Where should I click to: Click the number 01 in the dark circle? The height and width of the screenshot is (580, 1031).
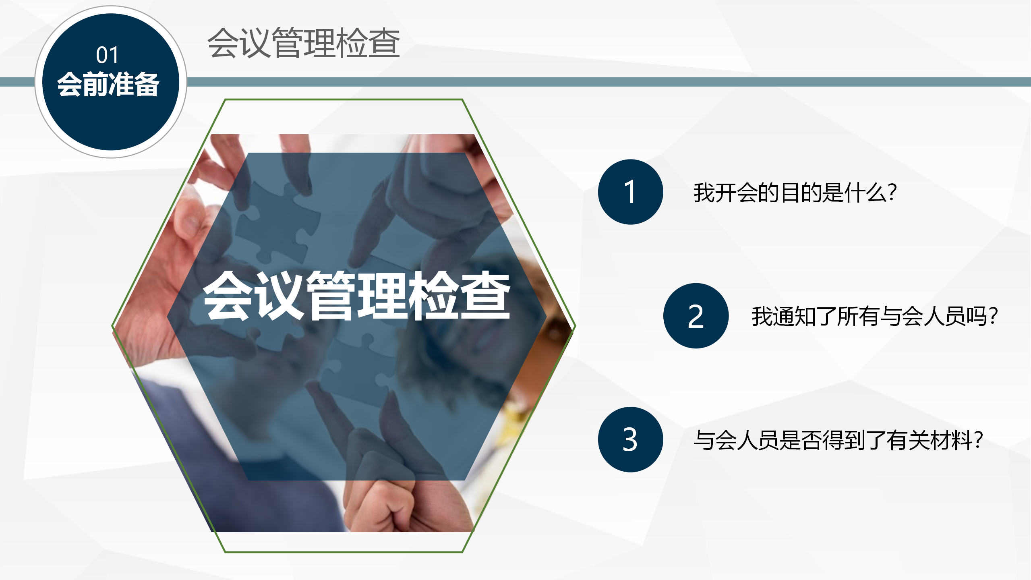coord(107,55)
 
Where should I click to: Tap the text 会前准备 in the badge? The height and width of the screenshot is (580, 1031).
coord(108,84)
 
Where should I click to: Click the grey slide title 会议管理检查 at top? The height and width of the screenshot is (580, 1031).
coord(304,43)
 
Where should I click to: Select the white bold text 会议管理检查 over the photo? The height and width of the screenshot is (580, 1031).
coord(357,296)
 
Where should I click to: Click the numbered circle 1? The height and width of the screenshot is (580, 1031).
coord(630,192)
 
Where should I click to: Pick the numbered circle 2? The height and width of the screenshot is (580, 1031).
coord(696,316)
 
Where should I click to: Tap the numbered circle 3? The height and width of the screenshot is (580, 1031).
coord(630,439)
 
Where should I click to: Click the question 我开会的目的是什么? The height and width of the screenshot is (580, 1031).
coord(795,193)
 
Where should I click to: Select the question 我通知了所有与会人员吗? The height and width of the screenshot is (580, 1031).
coord(874,316)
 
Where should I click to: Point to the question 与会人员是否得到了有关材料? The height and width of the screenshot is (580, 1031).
coord(838,440)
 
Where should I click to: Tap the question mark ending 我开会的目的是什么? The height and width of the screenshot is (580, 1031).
coord(892,193)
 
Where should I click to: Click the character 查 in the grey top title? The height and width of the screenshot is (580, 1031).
coord(384,43)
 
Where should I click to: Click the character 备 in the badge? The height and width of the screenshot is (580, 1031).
coord(147,84)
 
